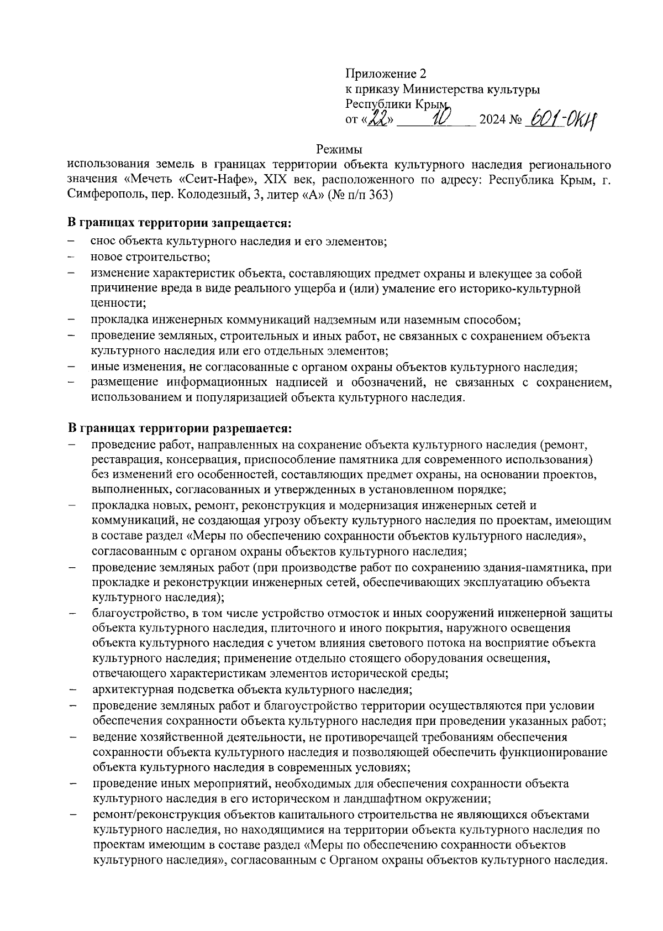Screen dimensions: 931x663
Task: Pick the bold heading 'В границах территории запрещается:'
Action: click(x=179, y=224)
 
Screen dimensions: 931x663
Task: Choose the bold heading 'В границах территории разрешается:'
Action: click(x=179, y=428)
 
